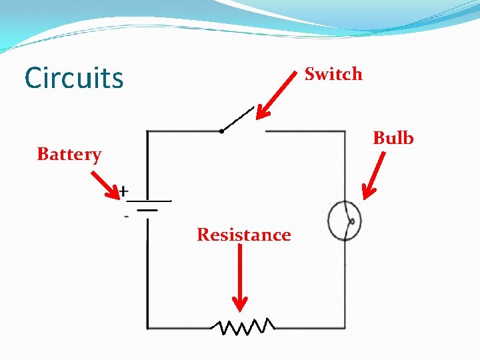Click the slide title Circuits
tap(74, 78)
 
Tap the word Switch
tap(333, 74)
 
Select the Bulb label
tap(393, 138)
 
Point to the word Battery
tap(69, 155)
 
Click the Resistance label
tap(243, 235)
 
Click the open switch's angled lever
tap(237, 119)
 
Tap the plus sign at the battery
tap(123, 190)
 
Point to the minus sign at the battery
tap(125, 216)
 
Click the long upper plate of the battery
tap(149, 201)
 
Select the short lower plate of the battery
tap(147, 210)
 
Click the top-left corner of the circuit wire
tap(147, 131)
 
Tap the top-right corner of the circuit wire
tap(345, 131)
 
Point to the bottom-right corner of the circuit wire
tap(345, 327)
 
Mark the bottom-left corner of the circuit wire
tap(147, 327)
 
